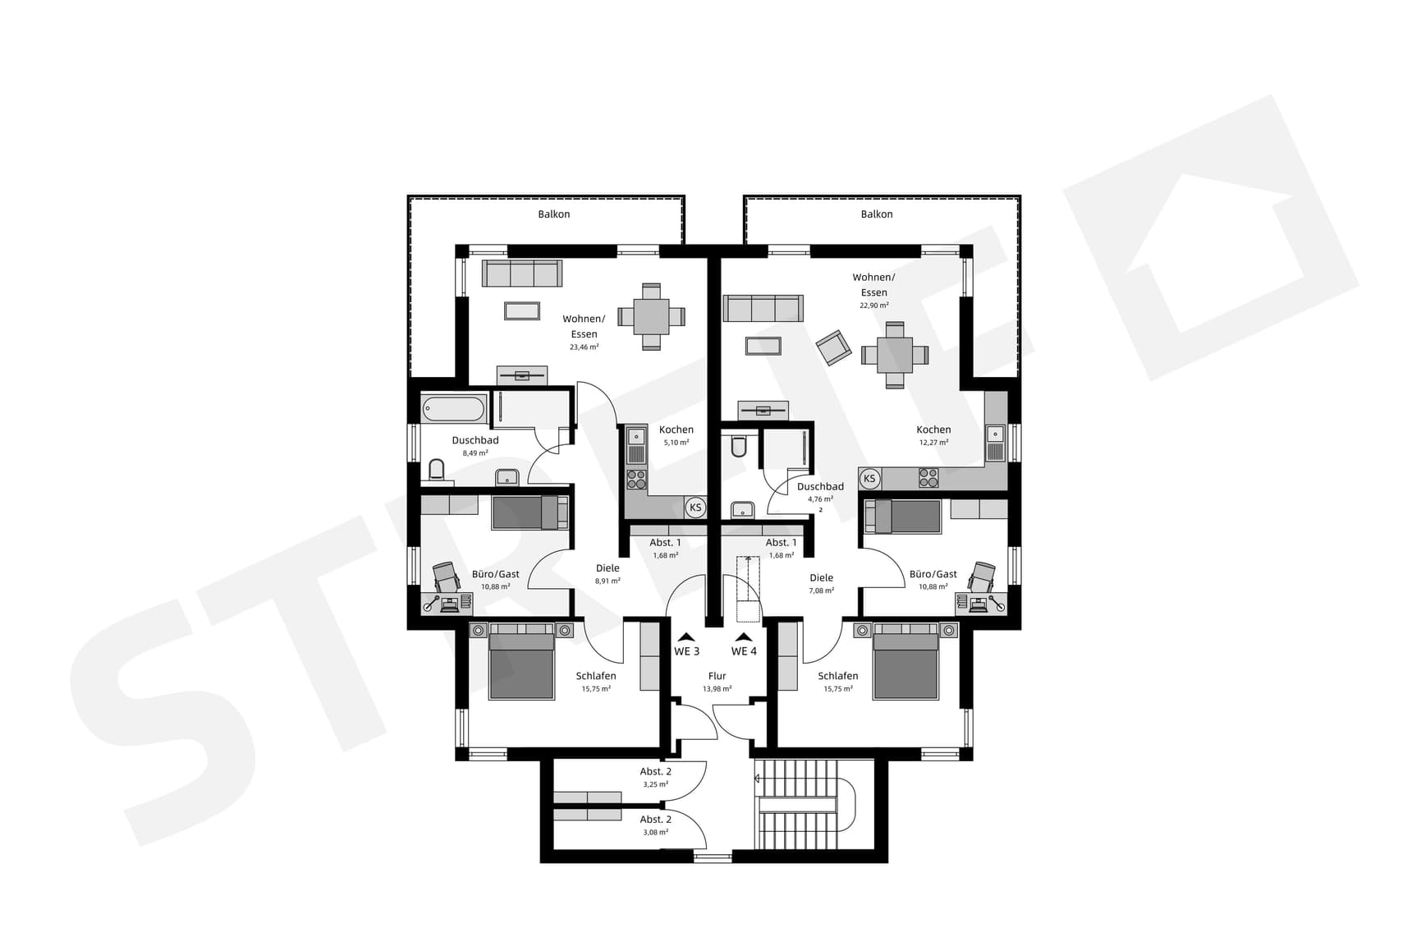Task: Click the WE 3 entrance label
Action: point(686,651)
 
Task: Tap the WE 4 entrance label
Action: point(744,651)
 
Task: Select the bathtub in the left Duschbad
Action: point(453,409)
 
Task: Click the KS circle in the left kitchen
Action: point(695,508)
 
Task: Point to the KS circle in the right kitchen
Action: point(869,479)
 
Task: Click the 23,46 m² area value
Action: point(584,347)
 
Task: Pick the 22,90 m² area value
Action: point(873,306)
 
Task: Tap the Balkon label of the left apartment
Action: point(553,214)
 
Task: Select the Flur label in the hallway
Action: point(717,677)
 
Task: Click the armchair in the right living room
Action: point(833,347)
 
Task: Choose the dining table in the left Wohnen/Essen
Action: point(651,316)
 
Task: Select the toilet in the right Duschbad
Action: point(738,446)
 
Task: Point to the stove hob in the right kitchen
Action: point(928,477)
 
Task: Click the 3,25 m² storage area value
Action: point(655,785)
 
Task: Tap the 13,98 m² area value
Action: point(717,689)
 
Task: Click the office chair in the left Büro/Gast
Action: point(446,577)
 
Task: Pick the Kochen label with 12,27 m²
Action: point(933,430)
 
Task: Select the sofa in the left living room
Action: point(522,273)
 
